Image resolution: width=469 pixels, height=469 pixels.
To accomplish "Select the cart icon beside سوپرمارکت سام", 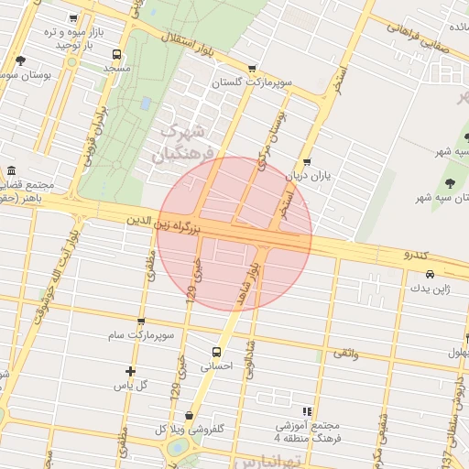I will click(x=140, y=322).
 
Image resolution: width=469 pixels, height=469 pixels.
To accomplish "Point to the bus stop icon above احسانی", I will click(x=217, y=351).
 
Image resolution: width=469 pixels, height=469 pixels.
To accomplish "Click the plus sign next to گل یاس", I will click(x=130, y=371).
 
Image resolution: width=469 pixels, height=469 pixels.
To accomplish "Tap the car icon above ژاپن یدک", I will click(x=429, y=274).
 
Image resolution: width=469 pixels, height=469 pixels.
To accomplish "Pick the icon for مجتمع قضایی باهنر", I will click(x=10, y=170).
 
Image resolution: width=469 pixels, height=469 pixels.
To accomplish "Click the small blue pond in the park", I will click(x=146, y=103).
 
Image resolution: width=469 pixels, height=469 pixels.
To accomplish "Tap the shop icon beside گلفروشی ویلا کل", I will click(x=189, y=416).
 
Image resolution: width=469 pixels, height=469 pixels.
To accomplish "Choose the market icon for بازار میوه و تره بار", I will click(x=75, y=17).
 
